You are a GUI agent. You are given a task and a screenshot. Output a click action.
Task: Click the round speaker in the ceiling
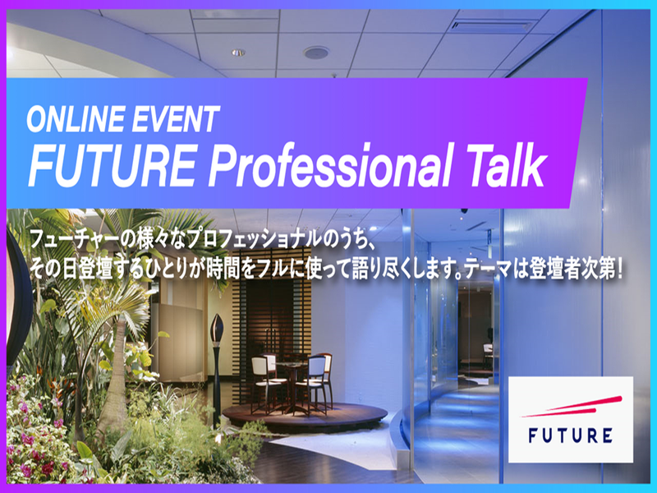(316, 53)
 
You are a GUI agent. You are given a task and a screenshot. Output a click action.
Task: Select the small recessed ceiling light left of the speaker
(237, 53)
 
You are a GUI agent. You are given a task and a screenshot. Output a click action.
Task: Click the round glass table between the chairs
(289, 368)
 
